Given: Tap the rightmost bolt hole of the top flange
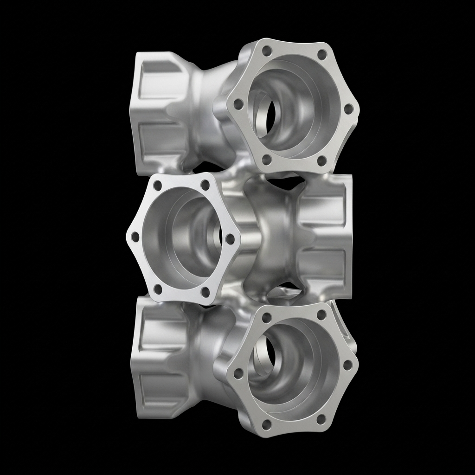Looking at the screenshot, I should point(349,109).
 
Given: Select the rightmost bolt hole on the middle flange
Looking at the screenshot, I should point(230,239).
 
